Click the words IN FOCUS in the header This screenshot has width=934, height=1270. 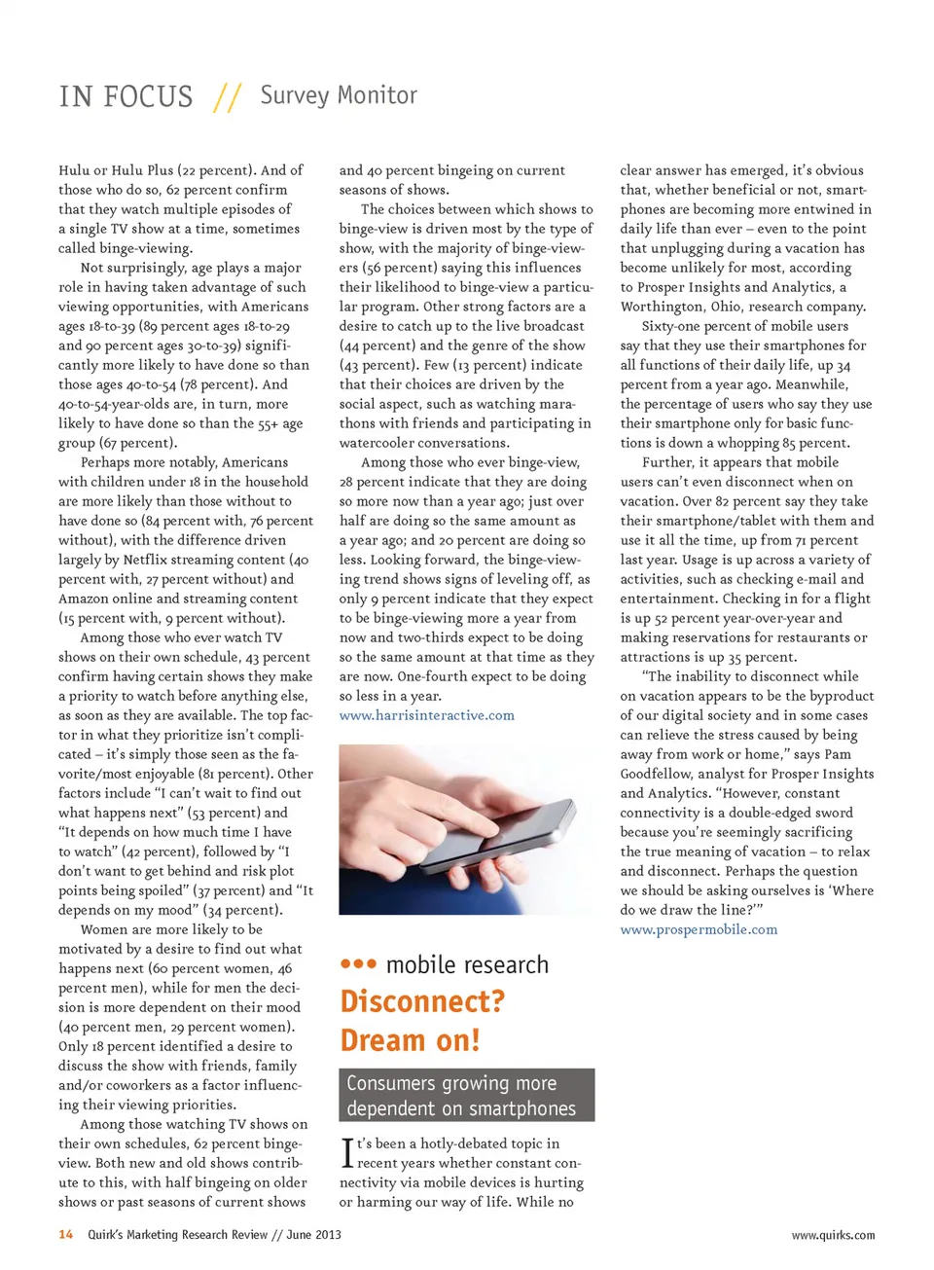pos(126,97)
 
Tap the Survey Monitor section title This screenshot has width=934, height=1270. pos(339,95)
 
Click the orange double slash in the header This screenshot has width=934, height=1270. pos(227,97)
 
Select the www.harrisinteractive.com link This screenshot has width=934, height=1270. pos(426,715)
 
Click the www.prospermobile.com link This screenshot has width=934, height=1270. pos(699,929)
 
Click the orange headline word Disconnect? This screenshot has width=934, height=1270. pos(422,1001)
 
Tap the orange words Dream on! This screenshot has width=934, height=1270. pos(410,1040)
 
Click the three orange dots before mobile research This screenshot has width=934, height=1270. pos(358,964)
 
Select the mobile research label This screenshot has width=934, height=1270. pos(467,964)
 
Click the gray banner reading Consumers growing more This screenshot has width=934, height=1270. pos(466,1083)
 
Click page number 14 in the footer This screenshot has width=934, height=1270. pos(66,1235)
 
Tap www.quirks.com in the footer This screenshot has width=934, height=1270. pos(832,1235)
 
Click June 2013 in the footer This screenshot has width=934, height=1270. pos(313,1235)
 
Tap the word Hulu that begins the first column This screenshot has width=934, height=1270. pos(75,170)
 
